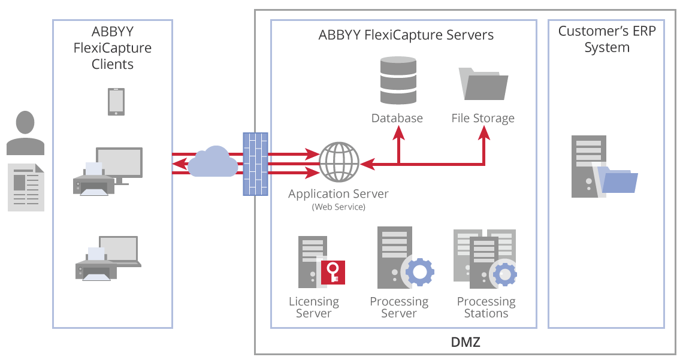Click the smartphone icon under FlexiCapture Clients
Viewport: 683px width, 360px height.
point(116,101)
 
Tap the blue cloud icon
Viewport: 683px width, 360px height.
point(212,162)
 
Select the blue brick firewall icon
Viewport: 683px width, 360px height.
point(255,164)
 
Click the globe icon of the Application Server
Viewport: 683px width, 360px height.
point(339,162)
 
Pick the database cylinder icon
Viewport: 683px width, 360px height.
point(397,81)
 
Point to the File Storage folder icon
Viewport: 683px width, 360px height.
point(483,84)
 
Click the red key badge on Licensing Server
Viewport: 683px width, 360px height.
point(332,272)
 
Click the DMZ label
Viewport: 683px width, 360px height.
point(465,343)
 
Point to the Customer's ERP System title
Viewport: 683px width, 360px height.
point(607,39)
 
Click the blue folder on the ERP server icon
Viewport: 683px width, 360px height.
point(619,182)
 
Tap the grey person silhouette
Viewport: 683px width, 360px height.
point(25,132)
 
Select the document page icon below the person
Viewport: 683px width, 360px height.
point(26,187)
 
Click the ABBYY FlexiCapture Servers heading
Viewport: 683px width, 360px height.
point(406,35)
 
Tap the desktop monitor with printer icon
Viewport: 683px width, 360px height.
point(108,170)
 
